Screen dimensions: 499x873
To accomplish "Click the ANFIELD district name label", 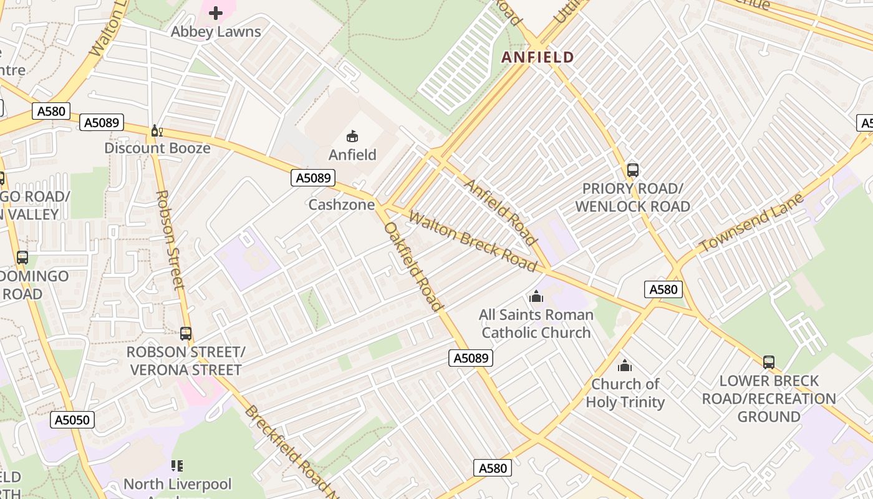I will (x=538, y=57).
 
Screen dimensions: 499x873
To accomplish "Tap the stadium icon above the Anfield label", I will (x=352, y=136).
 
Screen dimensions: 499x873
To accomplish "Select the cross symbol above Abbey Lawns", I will (x=216, y=12).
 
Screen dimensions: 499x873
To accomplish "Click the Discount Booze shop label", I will (x=157, y=148).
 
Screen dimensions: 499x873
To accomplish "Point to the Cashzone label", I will (x=342, y=205).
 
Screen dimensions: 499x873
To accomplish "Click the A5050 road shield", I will (x=72, y=420).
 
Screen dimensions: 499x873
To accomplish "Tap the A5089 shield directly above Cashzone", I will (x=313, y=178).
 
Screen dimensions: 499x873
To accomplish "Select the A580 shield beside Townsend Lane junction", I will (x=663, y=289).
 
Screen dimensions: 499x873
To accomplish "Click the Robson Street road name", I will (x=170, y=240).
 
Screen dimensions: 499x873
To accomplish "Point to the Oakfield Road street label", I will (x=413, y=266).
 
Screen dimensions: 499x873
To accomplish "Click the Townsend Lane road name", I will (x=743, y=223).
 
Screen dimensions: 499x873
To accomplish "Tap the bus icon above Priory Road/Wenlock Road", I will (x=633, y=170).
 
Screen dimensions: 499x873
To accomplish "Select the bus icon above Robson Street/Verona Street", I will (x=185, y=334).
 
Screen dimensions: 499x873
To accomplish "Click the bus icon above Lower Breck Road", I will (x=769, y=362).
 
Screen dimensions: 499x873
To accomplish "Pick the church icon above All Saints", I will (x=536, y=296).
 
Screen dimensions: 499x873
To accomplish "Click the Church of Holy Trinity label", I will (x=625, y=393).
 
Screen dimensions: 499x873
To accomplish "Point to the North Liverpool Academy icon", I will (x=177, y=465).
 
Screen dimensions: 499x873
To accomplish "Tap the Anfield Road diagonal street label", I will (x=501, y=212).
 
